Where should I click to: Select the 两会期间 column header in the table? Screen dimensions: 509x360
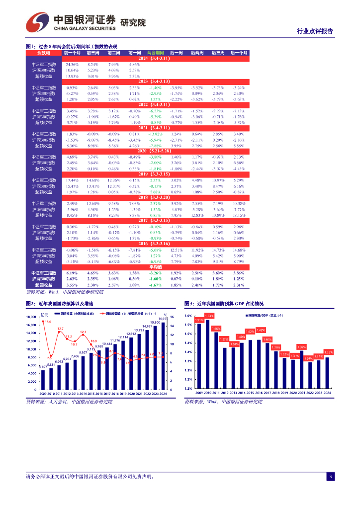[x=155, y=53]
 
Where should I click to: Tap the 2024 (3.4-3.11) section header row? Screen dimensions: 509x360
[x=154, y=59]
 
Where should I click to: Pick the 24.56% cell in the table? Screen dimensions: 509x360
[x=72, y=65]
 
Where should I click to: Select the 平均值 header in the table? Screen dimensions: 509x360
[x=155, y=267]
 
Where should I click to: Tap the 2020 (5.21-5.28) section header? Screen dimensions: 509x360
[x=154, y=151]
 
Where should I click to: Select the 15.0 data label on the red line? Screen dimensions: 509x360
[x=48, y=322]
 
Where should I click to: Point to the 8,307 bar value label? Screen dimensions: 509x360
[x=83, y=352]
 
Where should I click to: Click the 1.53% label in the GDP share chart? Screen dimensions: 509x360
[x=209, y=316]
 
